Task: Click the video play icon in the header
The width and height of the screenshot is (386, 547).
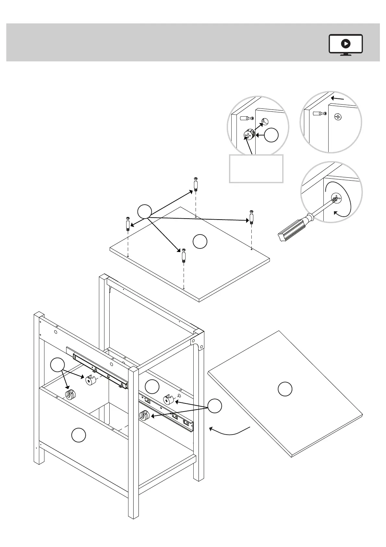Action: coord(346,44)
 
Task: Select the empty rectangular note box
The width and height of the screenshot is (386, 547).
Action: coord(256,169)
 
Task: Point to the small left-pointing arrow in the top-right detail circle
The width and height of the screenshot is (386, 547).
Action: coord(338,98)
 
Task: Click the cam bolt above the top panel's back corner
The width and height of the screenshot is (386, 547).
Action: coord(196,184)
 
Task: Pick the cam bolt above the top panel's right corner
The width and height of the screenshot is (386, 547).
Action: coord(251,216)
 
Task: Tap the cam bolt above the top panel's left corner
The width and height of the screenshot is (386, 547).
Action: coord(128,223)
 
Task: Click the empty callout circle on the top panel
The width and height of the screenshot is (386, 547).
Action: coord(200,241)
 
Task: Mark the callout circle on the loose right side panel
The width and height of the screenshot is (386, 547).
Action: coord(285,389)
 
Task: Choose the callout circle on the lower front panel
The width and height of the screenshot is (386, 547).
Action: coord(78,435)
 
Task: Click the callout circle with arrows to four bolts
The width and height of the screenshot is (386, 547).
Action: coord(145,211)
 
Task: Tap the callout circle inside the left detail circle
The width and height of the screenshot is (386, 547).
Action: coord(271,135)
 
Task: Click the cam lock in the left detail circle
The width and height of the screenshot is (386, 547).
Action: coord(249,134)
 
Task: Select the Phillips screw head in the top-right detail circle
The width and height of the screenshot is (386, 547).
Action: coord(338,117)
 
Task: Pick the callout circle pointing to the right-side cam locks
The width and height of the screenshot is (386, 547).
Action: coord(215,406)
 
